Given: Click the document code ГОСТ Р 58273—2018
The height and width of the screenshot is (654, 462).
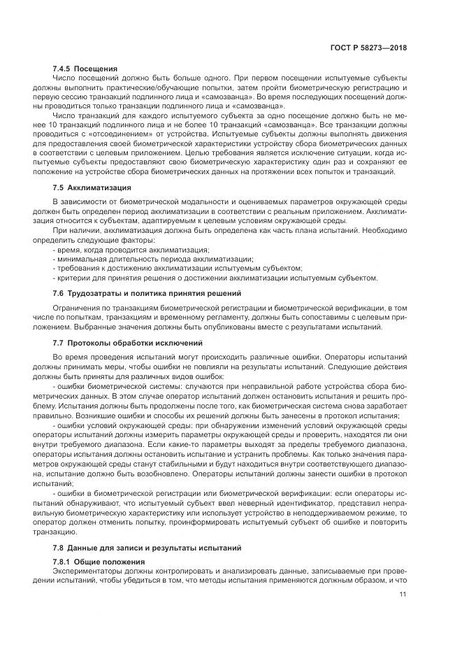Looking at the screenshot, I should (371, 48).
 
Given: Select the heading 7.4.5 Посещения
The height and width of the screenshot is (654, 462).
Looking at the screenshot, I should (85, 69).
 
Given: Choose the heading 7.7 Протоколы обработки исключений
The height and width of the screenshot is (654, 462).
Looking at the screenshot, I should (128, 343).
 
